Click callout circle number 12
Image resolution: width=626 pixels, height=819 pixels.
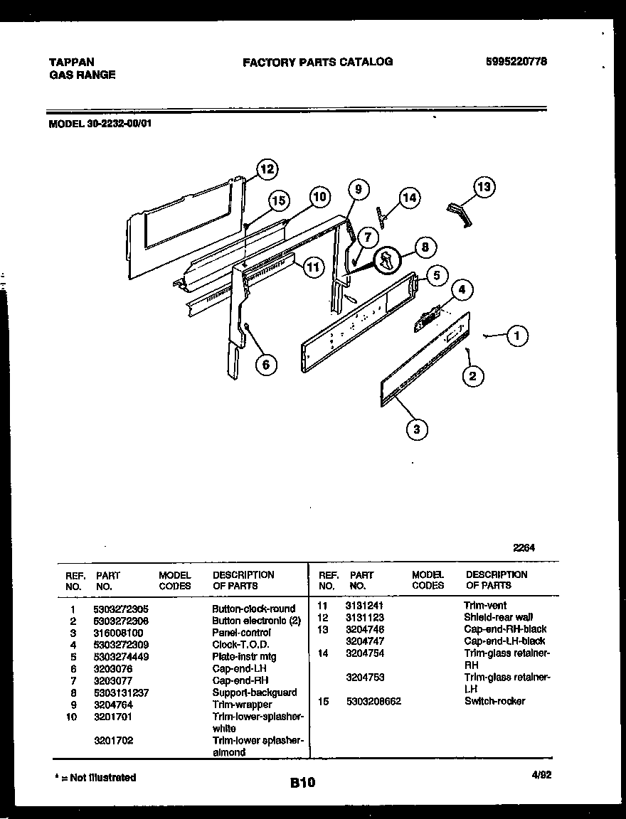pyautogui.click(x=266, y=169)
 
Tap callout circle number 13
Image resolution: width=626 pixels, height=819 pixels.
pyautogui.click(x=483, y=187)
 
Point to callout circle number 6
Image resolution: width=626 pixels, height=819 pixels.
pyautogui.click(x=265, y=365)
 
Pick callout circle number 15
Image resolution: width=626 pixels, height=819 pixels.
pyautogui.click(x=280, y=201)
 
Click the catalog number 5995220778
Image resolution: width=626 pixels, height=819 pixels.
pyautogui.click(x=515, y=62)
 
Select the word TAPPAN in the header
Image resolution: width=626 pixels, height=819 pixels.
pyautogui.click(x=72, y=63)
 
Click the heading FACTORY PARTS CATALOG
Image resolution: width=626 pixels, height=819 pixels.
pyautogui.click(x=317, y=62)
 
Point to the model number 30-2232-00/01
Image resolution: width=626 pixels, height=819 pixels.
pyautogui.click(x=100, y=122)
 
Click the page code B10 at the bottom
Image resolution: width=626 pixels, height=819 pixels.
pyautogui.click(x=302, y=783)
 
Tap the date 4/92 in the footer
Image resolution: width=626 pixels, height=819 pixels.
pyautogui.click(x=540, y=776)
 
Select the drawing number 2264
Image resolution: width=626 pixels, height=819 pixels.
pyautogui.click(x=524, y=547)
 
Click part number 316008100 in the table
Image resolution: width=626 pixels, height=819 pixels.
pyautogui.click(x=117, y=633)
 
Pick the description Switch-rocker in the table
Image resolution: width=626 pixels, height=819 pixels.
pyautogui.click(x=494, y=701)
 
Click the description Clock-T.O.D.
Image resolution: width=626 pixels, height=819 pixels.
pyautogui.click(x=240, y=645)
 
